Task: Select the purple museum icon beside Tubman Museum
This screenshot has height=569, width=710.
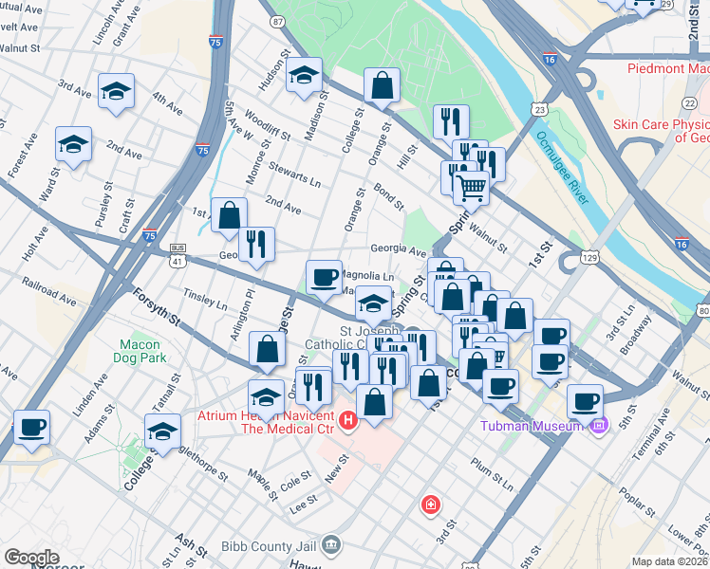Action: [598, 426]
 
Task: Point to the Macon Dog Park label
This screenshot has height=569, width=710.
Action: [143, 351]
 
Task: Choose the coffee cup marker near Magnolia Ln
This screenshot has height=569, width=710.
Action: [325, 276]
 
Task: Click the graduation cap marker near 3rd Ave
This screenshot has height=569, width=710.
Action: [117, 90]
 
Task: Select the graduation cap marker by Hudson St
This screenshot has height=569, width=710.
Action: [304, 75]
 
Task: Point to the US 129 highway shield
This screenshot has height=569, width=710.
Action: [589, 257]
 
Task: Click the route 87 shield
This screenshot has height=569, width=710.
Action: [276, 21]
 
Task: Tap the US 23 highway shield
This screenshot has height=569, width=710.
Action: [539, 110]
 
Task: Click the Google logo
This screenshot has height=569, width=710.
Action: [32, 558]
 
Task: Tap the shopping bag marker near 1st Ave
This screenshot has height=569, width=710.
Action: [229, 214]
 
